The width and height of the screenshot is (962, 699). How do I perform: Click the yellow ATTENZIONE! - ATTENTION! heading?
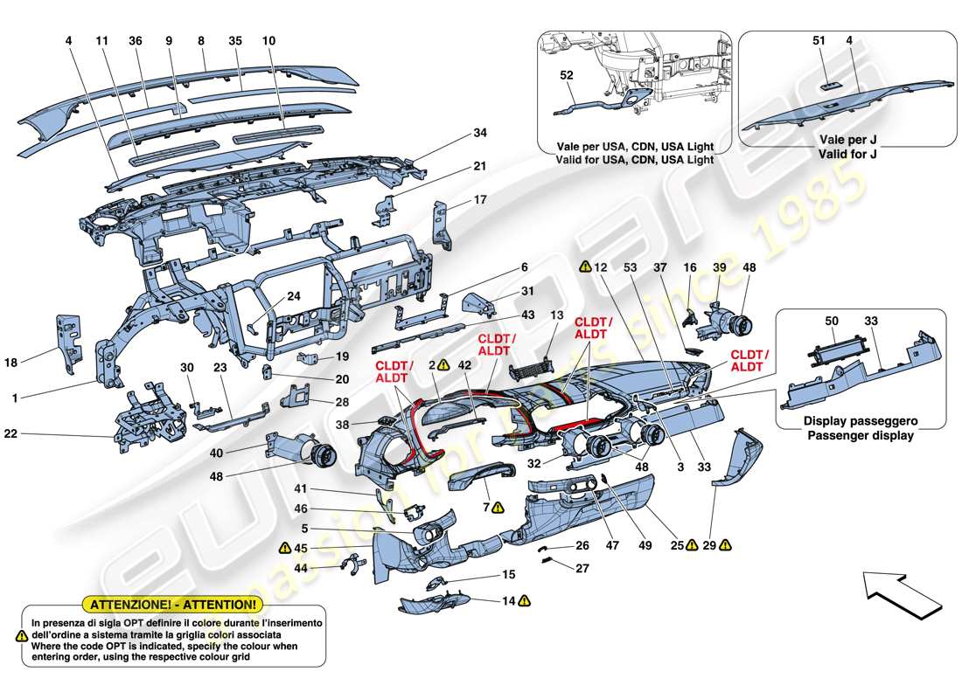(x=171, y=604)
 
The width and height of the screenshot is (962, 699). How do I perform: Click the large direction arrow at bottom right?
(x=901, y=595)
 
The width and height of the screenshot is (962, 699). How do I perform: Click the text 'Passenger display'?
(x=860, y=434)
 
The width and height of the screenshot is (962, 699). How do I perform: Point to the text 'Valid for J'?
(x=848, y=155)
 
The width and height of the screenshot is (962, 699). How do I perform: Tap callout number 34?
(x=479, y=133)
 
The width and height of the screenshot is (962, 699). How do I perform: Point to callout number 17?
(x=479, y=199)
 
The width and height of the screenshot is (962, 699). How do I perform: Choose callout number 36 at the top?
(x=135, y=40)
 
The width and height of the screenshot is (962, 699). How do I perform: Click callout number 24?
(x=293, y=295)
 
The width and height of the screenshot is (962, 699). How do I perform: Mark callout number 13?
(x=556, y=315)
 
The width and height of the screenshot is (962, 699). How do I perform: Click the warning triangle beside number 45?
(x=285, y=548)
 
